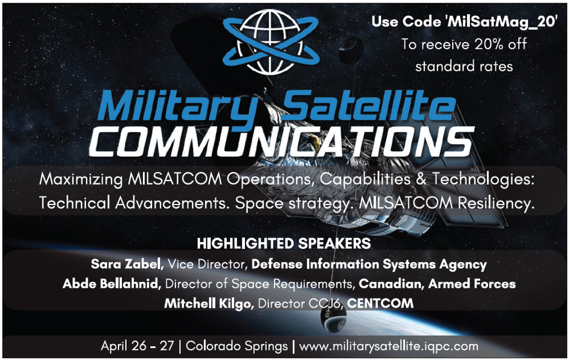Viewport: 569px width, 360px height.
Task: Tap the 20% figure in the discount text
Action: (x=480, y=44)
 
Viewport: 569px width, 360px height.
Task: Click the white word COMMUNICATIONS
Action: (x=281, y=141)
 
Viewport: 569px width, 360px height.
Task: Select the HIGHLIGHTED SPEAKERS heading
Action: (x=284, y=244)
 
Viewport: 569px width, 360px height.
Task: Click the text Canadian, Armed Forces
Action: (x=437, y=284)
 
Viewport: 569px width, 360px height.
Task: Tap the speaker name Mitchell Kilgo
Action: (x=209, y=304)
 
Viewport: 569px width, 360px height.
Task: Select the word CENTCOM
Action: (x=380, y=304)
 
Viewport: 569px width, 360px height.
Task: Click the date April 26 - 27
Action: (x=137, y=346)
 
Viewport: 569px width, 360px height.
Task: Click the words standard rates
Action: (x=464, y=66)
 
